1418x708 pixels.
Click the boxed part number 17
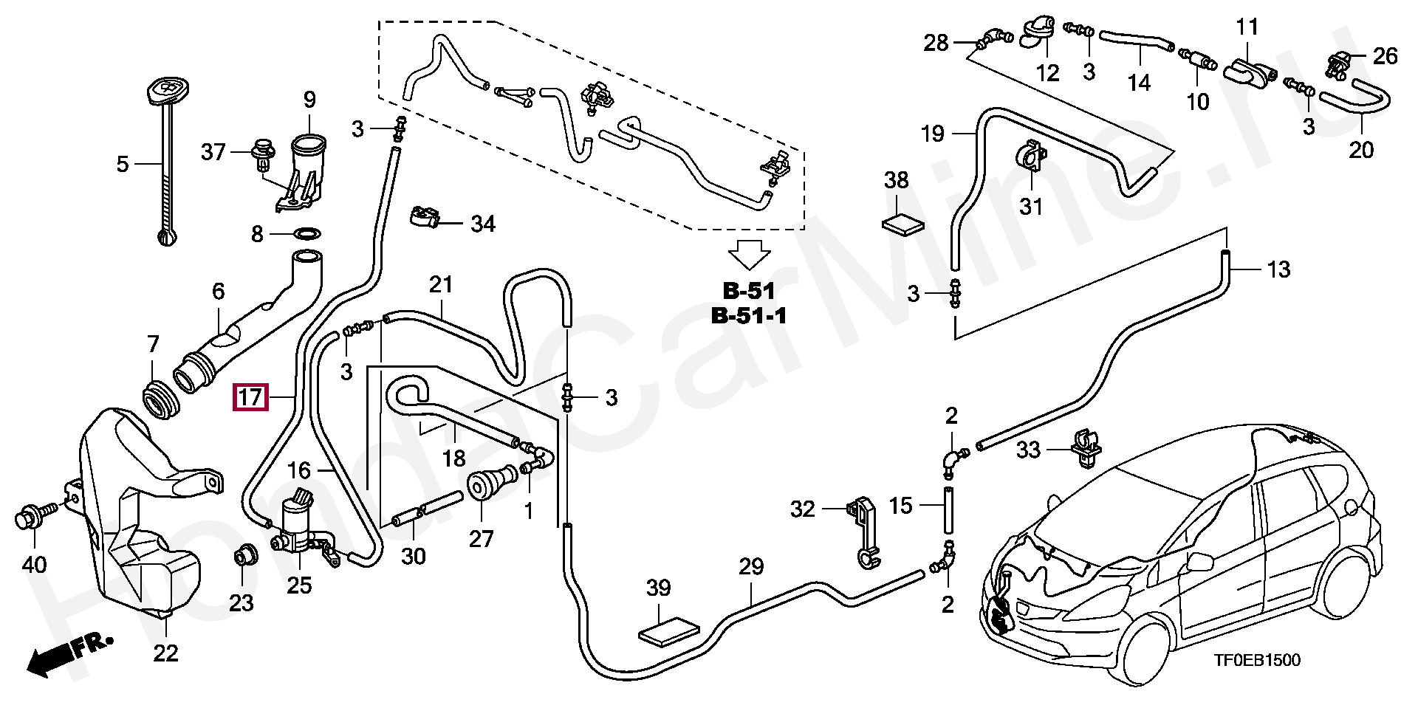coord(250,399)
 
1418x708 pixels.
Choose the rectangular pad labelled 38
coord(904,223)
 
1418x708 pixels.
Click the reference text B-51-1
coord(749,316)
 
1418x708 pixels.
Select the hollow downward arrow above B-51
coord(747,255)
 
